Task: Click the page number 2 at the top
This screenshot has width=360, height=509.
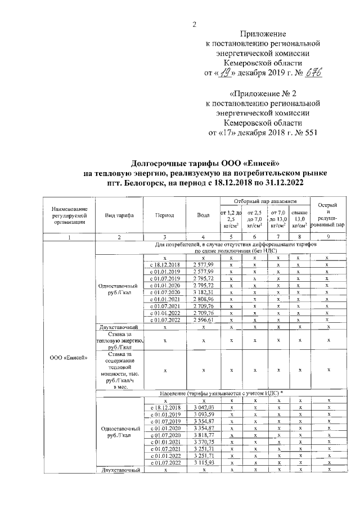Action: [x=194, y=24]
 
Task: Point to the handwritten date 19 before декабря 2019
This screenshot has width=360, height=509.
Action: [x=226, y=73]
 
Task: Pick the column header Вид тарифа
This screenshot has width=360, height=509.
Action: [x=119, y=215]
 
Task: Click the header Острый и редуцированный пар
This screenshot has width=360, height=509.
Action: [x=327, y=214]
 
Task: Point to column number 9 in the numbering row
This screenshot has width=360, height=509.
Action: [x=327, y=237]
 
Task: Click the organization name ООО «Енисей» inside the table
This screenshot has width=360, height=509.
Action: [x=69, y=358]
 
